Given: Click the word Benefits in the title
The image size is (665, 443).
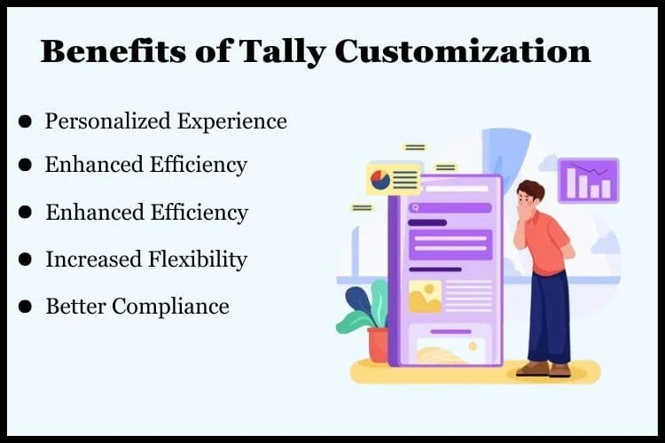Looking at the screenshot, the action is click(113, 51).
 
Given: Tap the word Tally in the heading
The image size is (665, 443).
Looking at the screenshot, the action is click(282, 51).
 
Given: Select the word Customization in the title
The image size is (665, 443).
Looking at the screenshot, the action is click(463, 51).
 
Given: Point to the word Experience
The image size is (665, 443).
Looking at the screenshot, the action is click(232, 121).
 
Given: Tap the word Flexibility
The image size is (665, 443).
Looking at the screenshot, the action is click(197, 260).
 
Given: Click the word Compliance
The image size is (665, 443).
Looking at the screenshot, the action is click(170, 307).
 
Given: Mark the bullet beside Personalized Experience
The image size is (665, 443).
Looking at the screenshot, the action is click(25, 121).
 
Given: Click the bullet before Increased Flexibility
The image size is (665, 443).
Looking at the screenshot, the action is click(25, 259).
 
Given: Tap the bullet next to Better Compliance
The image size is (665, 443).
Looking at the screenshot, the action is click(25, 306).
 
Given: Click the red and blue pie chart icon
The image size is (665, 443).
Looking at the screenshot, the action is click(380, 180).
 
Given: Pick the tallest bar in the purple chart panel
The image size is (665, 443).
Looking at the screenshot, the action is click(573, 183).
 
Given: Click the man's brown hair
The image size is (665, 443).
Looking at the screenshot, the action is click(531, 189).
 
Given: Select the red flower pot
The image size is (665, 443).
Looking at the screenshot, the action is click(378, 345).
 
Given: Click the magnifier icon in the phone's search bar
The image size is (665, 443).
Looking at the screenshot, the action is click(415, 207).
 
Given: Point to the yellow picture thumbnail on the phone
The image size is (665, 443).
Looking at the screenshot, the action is click(425, 297).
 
